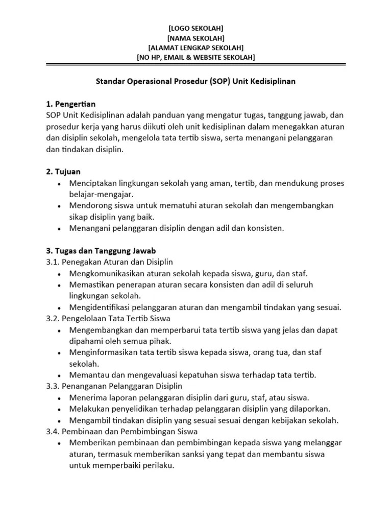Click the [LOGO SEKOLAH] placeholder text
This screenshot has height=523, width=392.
coord(195,28)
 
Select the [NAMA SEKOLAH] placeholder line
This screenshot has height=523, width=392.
coord(195,38)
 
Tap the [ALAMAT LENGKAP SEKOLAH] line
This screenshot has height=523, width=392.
coord(195,47)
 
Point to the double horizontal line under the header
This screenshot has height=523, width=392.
coord(195,64)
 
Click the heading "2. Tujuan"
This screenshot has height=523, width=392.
coord(63,172)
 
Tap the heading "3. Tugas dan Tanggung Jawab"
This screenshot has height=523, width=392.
coord(101,251)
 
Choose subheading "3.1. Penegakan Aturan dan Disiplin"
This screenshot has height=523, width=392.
coord(110,262)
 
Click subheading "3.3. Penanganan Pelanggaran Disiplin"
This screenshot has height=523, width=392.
coord(114,386)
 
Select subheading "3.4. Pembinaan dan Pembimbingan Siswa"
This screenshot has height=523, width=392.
coord(116,432)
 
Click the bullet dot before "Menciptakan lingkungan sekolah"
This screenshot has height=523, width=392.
coord(60,183)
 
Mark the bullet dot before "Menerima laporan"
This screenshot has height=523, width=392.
coord(60,398)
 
